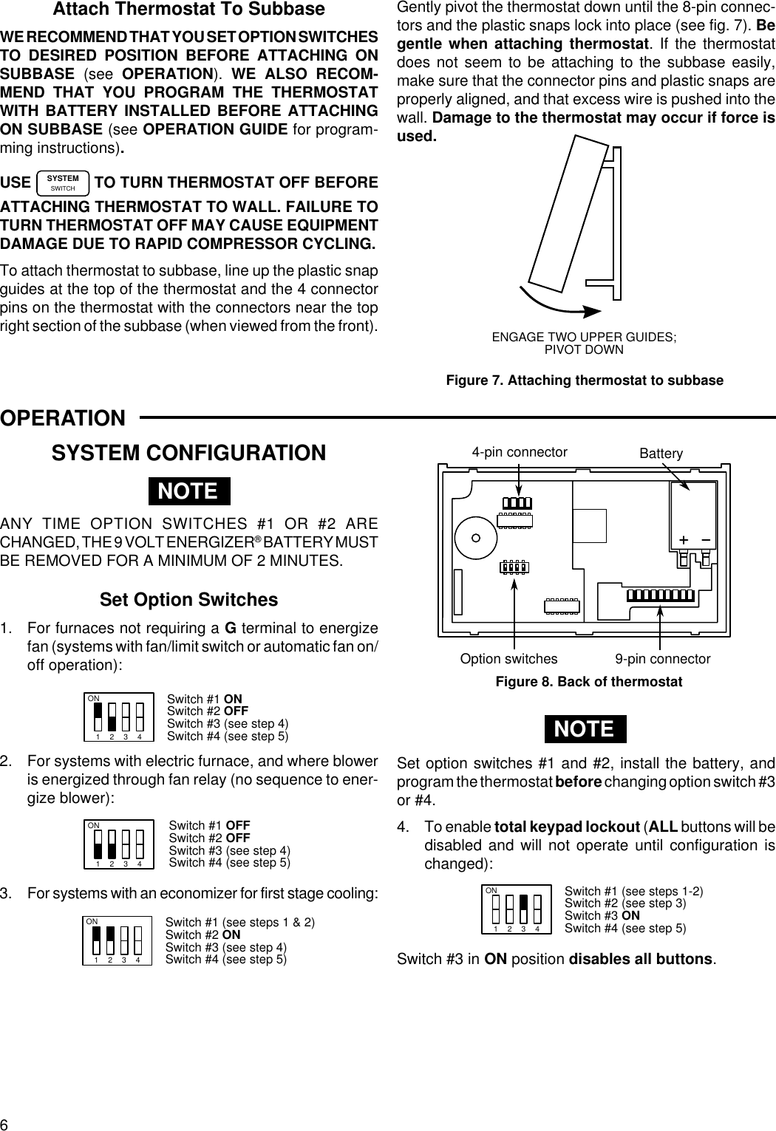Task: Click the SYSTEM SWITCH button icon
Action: pos(63,182)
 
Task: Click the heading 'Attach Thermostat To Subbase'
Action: pos(188,10)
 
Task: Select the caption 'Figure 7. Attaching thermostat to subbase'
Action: pos(584,380)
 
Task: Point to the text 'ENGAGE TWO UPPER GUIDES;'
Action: pos(584,337)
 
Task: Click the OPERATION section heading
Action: pos(64,418)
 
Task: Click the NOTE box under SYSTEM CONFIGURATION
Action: pos(189,491)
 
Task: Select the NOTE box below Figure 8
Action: pos(584,728)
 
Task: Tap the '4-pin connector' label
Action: pos(520,452)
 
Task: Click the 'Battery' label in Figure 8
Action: pos(661,454)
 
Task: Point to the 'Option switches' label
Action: pos(508,658)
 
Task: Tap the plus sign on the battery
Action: pos(684,540)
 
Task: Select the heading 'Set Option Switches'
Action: pos(189,599)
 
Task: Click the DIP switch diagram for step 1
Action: pos(118,717)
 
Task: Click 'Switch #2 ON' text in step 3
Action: pos(202,934)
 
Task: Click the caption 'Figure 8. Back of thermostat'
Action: pos(588,681)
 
